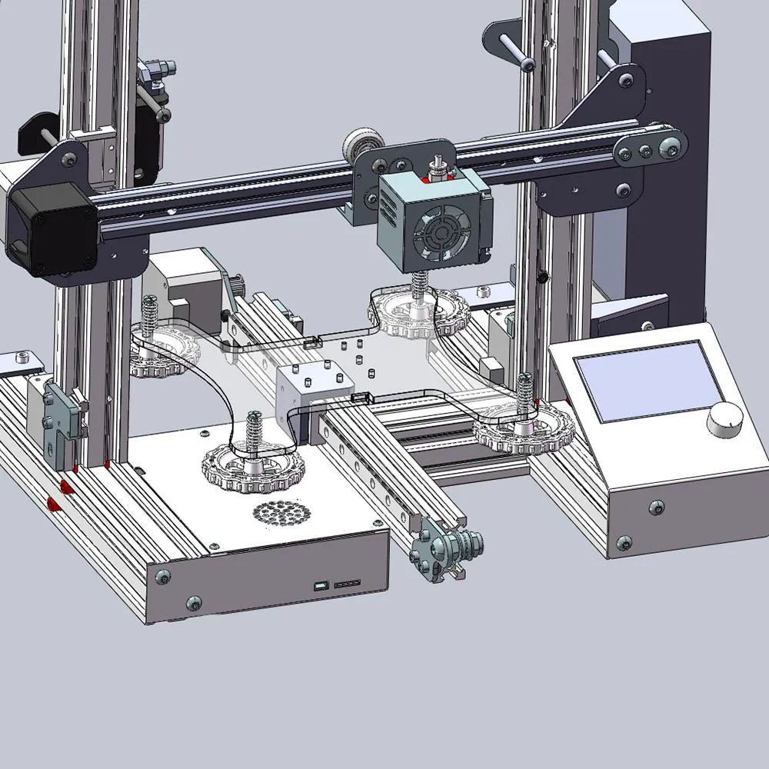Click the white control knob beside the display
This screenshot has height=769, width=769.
click(x=725, y=420)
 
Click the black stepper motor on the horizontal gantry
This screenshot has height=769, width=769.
click(x=51, y=231)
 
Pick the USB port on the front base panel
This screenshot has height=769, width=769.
click(x=320, y=588)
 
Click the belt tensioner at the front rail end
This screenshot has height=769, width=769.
click(x=446, y=551)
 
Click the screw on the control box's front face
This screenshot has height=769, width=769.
click(x=656, y=507)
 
